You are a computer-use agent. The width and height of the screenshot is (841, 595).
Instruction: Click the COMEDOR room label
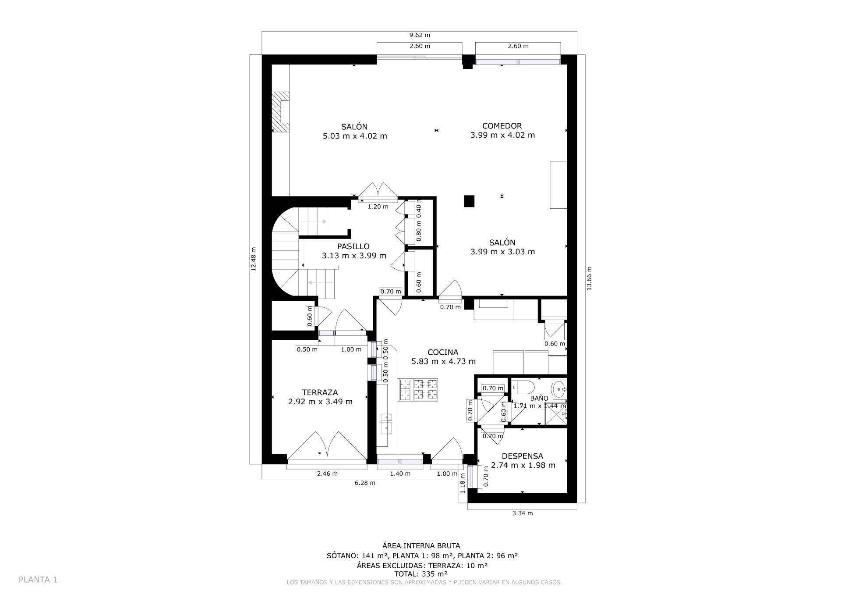click(x=502, y=126)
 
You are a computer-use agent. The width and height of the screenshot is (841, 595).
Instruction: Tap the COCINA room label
click(x=443, y=352)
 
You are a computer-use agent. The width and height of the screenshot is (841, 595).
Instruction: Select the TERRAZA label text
click(x=320, y=392)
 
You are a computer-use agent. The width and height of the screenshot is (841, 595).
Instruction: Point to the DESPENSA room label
click(x=522, y=456)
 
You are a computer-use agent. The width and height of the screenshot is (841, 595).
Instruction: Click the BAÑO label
click(x=539, y=398)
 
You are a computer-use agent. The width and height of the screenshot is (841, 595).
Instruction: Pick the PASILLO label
click(x=353, y=246)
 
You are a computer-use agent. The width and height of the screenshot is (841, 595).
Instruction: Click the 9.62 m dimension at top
click(x=419, y=35)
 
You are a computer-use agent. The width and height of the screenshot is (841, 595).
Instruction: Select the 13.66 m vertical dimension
click(x=589, y=278)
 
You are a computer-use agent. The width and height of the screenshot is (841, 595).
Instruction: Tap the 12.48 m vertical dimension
click(x=254, y=259)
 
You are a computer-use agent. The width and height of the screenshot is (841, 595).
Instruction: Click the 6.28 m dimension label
click(x=364, y=483)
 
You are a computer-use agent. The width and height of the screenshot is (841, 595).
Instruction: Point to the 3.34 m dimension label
click(x=522, y=513)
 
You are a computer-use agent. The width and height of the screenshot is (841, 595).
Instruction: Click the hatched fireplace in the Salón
click(x=280, y=112)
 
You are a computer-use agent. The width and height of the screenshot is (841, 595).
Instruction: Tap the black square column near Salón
click(x=469, y=201)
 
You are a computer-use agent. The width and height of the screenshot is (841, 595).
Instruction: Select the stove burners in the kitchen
click(x=418, y=389)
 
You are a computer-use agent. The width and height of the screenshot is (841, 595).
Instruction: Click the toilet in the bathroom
click(x=524, y=388)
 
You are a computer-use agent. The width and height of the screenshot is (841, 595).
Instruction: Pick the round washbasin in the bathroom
click(x=558, y=388)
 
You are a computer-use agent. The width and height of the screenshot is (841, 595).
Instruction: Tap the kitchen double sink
click(x=386, y=423)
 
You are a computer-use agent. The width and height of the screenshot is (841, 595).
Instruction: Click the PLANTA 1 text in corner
click(x=38, y=580)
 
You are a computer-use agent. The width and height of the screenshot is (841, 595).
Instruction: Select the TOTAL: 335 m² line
click(x=420, y=574)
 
